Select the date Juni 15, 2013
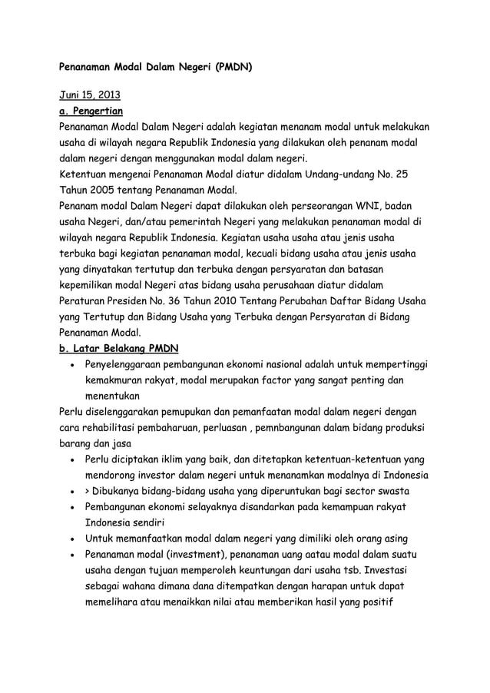(90, 96)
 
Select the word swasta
(391, 490)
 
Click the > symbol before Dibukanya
(88, 490)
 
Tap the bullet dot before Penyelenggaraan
(71, 364)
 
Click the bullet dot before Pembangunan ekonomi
(71, 507)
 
